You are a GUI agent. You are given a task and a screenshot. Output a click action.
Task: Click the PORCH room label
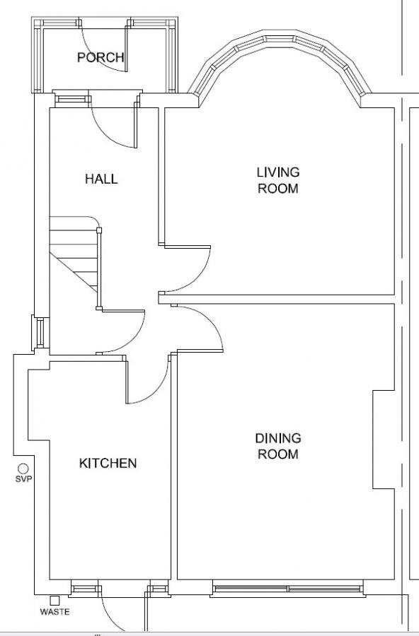[x=101, y=57]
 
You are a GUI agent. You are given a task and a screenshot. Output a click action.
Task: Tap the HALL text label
[x=101, y=179]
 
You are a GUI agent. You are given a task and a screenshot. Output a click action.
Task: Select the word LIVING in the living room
[x=278, y=172]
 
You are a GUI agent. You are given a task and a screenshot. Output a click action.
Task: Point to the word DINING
[x=278, y=438]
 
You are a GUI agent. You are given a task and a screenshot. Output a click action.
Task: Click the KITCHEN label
[x=108, y=463]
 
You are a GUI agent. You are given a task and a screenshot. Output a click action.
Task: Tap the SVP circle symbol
[x=23, y=469]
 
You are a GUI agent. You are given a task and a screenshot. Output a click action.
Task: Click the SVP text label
[x=23, y=479]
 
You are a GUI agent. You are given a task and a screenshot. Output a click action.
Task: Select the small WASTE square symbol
[x=54, y=600]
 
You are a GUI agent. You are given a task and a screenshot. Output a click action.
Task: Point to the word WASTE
[x=55, y=612]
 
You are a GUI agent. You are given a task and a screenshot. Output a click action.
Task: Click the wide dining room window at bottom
[x=288, y=589]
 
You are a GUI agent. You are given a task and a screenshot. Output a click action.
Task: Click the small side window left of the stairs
[x=40, y=334]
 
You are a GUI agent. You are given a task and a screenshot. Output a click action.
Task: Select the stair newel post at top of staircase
[x=99, y=230]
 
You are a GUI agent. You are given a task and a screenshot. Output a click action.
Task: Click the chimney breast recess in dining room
[x=384, y=440]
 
